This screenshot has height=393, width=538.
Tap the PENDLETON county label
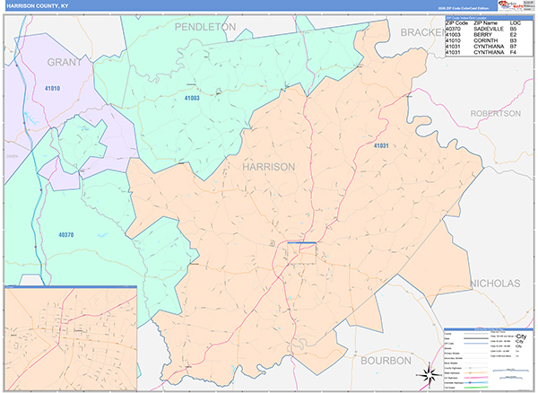204,28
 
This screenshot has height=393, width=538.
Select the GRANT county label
65,62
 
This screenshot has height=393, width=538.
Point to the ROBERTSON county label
494,114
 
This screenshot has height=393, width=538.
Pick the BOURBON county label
386,359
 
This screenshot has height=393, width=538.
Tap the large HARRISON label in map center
268,167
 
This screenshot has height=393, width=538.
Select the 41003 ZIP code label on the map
193,97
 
